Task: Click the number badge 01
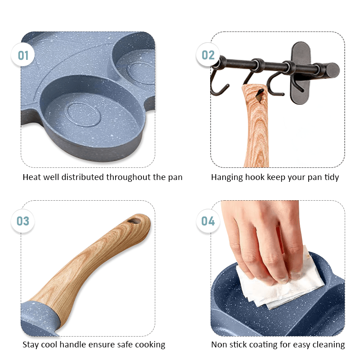(x=23, y=55)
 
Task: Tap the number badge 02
(x=208, y=55)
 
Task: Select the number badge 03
(x=23, y=221)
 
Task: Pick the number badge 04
(x=208, y=221)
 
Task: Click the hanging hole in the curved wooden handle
(x=134, y=221)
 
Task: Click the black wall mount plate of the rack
(x=301, y=73)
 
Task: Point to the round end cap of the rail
(x=333, y=70)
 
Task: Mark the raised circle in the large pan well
(x=84, y=114)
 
